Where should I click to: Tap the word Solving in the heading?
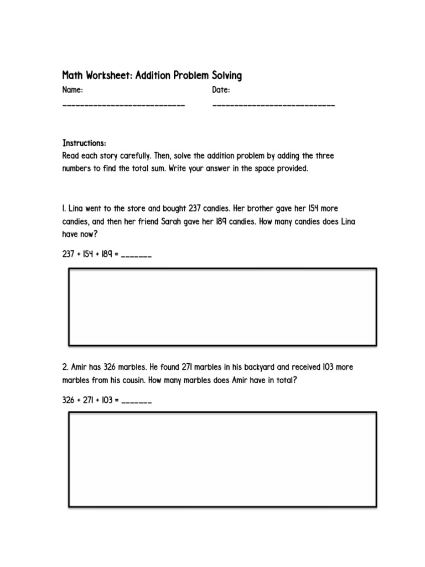click(224, 75)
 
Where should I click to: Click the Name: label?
click(73, 90)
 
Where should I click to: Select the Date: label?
click(221, 90)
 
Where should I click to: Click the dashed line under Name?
click(123, 105)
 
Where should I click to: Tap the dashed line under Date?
click(273, 105)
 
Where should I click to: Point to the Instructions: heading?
click(84, 143)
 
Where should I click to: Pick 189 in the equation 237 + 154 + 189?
click(107, 255)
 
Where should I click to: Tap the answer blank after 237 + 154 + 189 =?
click(136, 256)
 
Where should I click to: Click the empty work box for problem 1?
click(222, 307)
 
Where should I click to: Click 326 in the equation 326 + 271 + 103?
click(69, 400)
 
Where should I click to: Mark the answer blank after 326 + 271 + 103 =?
click(136, 401)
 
